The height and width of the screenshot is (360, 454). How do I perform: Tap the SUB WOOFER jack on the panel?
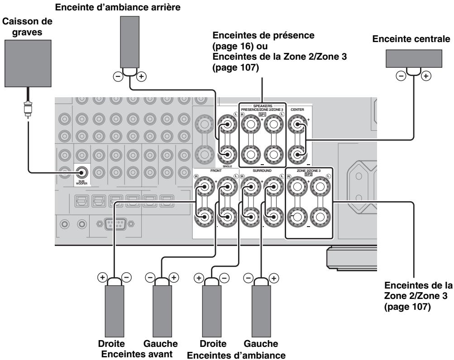tap(82, 172)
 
